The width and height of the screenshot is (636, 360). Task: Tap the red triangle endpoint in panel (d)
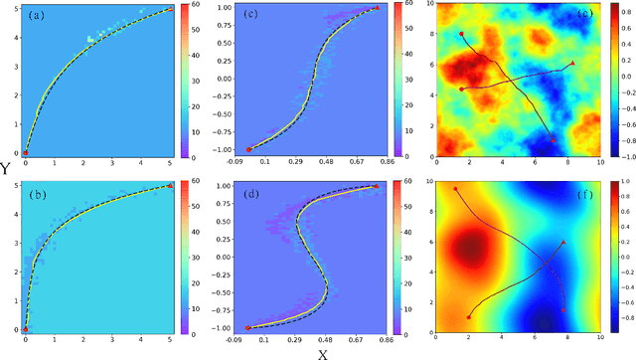(x=377, y=186)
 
